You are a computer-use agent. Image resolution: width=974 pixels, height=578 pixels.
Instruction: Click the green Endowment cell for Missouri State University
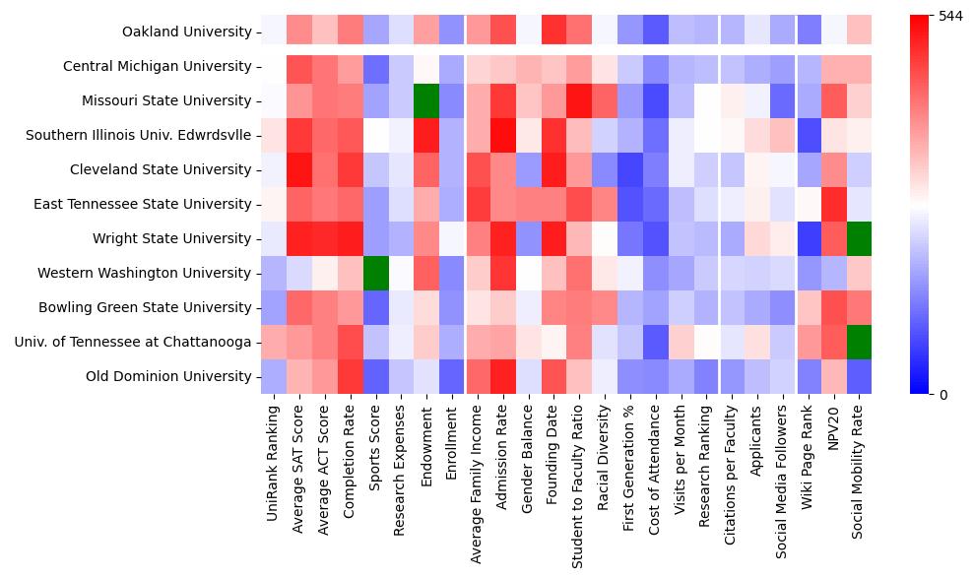(426, 100)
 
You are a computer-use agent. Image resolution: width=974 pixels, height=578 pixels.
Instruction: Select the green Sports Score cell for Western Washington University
(375, 273)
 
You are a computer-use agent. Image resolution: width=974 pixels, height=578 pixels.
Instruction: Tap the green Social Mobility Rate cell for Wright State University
(860, 238)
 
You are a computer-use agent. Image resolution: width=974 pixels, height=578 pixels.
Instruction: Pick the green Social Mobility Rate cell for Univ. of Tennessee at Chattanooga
(860, 342)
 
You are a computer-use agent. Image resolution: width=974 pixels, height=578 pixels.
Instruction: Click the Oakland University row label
(186, 32)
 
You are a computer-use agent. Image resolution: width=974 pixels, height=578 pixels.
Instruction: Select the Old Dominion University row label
(168, 376)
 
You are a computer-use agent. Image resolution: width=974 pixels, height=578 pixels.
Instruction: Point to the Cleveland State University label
(161, 169)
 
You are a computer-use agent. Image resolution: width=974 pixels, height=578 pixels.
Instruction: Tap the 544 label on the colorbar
(951, 17)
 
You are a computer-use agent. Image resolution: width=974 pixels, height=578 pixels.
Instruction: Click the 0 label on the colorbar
(942, 395)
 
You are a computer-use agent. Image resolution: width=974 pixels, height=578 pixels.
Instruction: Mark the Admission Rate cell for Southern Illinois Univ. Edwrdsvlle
(502, 135)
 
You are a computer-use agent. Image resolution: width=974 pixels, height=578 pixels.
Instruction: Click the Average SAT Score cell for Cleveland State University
(298, 169)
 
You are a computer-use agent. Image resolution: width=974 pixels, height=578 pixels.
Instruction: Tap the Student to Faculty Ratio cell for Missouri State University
(579, 100)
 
